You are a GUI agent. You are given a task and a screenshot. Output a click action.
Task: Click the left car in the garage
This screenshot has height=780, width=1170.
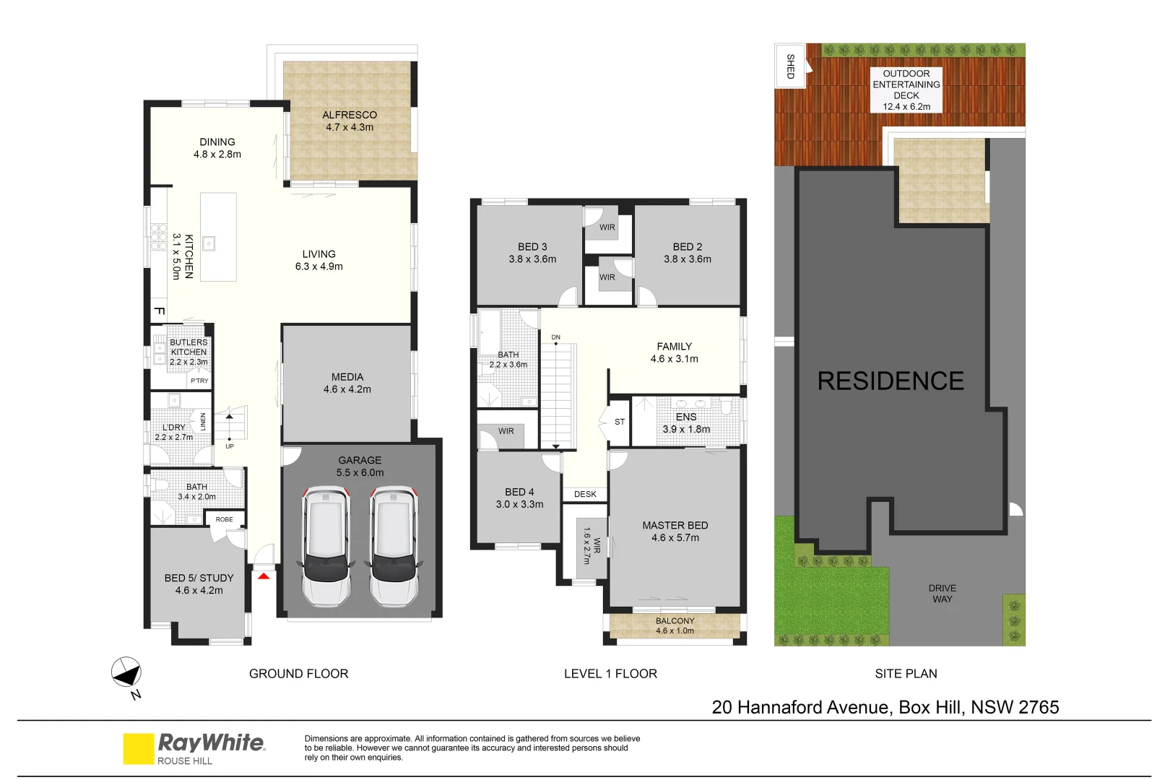[x=326, y=546]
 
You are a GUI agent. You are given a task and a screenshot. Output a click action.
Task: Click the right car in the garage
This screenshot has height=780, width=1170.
[x=394, y=546]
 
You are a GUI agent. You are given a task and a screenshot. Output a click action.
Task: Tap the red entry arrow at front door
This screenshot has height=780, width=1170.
[x=264, y=576]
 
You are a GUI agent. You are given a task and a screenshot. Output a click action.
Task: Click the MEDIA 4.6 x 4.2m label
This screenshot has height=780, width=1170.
[x=347, y=383]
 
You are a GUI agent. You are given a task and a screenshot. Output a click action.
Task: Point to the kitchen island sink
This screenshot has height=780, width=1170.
[x=209, y=243]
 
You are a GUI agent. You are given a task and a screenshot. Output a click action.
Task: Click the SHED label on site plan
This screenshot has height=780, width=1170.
[x=790, y=66]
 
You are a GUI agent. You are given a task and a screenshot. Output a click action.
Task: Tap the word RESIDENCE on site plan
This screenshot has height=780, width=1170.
[x=890, y=381]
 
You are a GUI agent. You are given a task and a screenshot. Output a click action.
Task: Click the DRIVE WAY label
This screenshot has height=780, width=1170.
[x=942, y=594]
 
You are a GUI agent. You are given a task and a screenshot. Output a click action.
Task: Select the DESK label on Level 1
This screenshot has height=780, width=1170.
[x=585, y=494]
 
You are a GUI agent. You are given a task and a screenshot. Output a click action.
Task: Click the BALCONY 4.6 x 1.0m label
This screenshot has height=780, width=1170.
[x=675, y=625]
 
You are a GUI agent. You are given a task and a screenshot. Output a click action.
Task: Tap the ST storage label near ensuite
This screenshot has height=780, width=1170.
[x=620, y=422]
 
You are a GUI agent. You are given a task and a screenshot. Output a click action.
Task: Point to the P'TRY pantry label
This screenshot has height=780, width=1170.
[x=199, y=381]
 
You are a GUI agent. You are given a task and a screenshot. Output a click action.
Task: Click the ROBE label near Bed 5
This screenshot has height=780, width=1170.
[x=225, y=519]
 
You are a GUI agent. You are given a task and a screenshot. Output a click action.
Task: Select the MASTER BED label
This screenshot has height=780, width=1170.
[x=675, y=531]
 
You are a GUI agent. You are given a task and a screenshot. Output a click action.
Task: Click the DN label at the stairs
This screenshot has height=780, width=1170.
[x=555, y=337]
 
